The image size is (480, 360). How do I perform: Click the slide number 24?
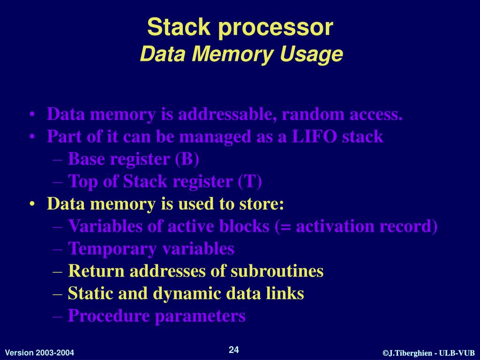tap(234, 350)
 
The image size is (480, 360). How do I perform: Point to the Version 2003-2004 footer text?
tap(39, 352)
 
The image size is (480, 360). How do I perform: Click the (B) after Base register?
tap(187, 159)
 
